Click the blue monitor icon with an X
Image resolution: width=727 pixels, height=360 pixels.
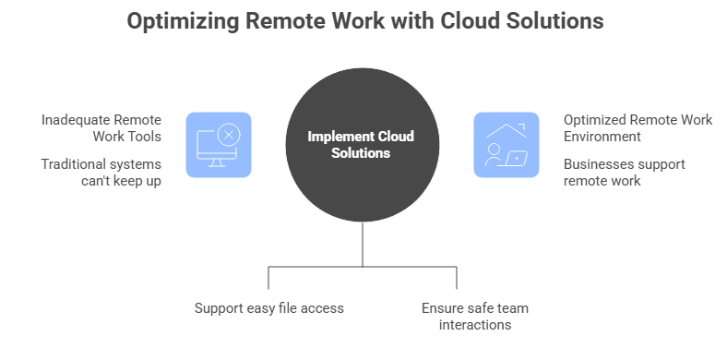(x=219, y=145)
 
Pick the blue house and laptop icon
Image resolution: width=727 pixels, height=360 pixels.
(x=507, y=145)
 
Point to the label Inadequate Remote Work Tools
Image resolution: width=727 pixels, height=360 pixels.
(x=101, y=128)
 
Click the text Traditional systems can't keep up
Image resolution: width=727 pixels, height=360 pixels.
(x=101, y=173)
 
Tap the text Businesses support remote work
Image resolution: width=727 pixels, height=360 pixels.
(x=624, y=173)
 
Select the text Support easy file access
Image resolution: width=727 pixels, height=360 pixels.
(x=268, y=307)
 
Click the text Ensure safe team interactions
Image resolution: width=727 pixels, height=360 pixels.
(x=474, y=316)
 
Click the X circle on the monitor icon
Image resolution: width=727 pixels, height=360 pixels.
(x=230, y=136)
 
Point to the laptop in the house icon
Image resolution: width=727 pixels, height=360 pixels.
(x=518, y=158)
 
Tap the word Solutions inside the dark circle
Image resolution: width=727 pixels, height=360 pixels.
(x=362, y=153)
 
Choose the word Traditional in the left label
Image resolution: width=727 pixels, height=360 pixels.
(x=74, y=164)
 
